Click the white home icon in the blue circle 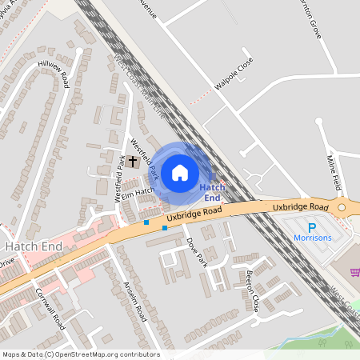[x=180, y=172]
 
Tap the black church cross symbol [x=132, y=161]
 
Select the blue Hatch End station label [x=211, y=192]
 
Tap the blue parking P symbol [x=312, y=227]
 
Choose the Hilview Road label [x=54, y=68]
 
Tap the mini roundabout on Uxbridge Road [x=342, y=208]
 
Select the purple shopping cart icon [x=354, y=272]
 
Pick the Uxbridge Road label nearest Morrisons [x=300, y=208]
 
